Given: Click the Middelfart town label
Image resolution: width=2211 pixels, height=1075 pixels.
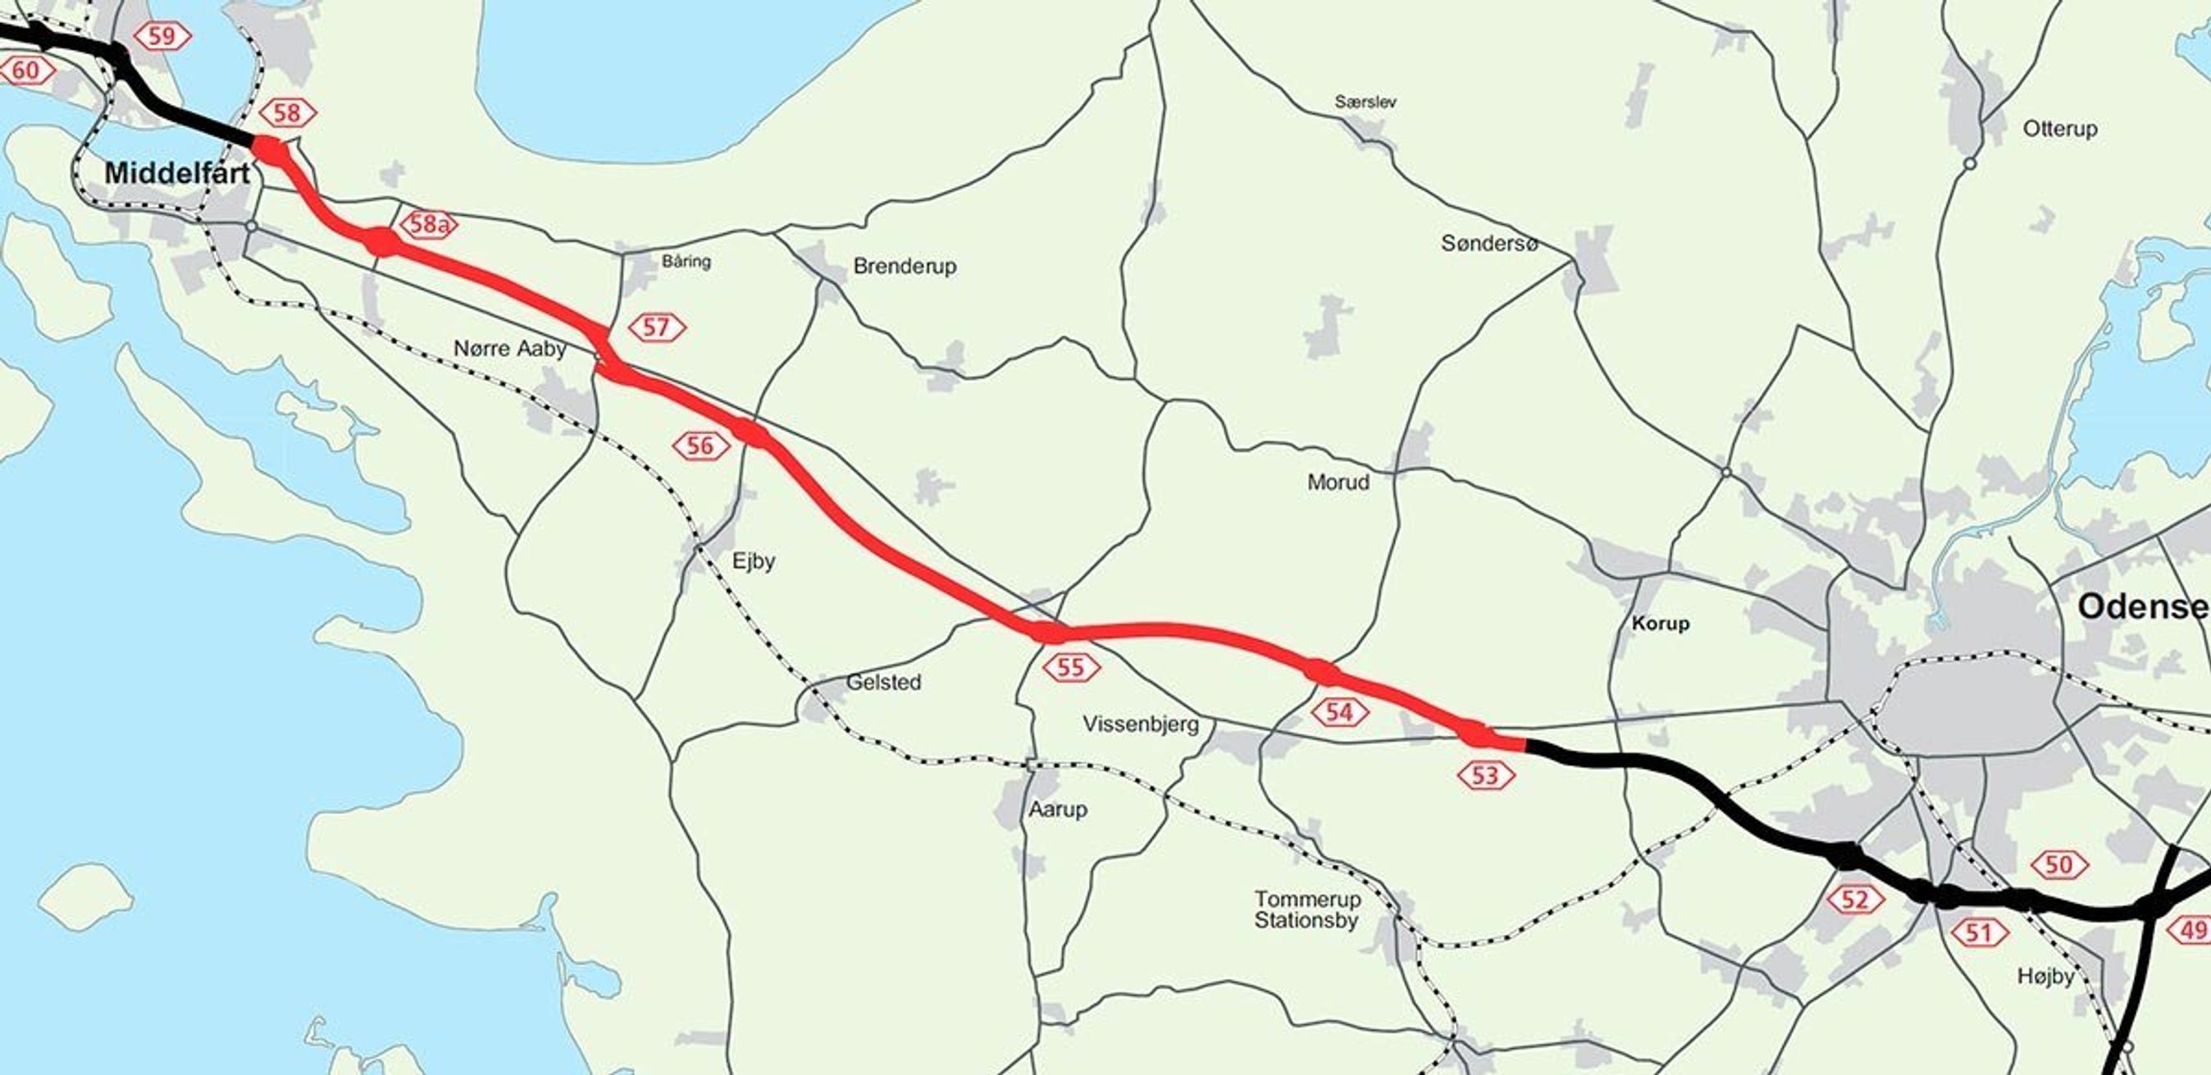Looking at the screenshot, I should pos(177,173).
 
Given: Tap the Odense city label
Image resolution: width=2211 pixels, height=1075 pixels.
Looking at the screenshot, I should pos(2142,607).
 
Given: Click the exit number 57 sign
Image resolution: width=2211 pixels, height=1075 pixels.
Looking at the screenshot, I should pos(657,327).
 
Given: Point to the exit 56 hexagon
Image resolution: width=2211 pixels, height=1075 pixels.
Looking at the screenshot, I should pos(701,445).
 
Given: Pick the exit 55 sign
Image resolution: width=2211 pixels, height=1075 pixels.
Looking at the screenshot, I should pos(1071,666).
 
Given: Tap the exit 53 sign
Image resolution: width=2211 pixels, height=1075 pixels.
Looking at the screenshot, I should pos(1486,775).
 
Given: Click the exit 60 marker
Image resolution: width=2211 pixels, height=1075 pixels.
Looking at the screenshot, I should pos(25,70).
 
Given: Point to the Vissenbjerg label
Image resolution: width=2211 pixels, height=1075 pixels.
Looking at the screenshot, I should pos(1141,724).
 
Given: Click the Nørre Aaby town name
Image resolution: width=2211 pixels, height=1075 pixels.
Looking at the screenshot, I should pos(510,349).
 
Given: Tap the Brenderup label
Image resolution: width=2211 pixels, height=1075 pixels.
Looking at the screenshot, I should pos(905,266).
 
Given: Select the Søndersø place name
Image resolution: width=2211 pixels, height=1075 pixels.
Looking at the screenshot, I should pos(1489,244).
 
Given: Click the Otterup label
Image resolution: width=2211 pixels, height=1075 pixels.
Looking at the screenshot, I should pos(2060,129).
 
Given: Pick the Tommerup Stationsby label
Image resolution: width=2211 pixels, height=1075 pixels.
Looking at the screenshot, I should pos(1307,910).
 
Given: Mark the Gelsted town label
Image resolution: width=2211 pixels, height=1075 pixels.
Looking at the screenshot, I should pos(883,682).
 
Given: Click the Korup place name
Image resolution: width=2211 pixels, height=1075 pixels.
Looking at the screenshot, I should pos(1660,624).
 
